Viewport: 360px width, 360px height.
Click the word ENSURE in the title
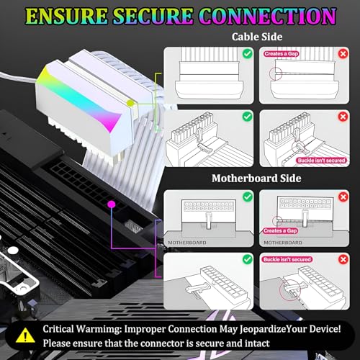click(67, 16)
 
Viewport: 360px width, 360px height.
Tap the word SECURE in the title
click(153, 16)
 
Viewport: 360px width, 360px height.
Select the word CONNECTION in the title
click(267, 16)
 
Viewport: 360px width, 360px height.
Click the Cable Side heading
click(257, 37)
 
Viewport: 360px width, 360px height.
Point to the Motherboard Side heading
click(256, 179)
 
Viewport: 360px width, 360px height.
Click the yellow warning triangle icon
click(25, 335)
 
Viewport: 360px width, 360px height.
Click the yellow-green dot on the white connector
click(130, 103)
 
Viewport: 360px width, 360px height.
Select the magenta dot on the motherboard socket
click(112, 204)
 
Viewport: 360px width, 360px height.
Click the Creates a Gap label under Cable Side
click(281, 54)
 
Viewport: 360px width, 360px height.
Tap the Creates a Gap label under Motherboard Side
click(280, 231)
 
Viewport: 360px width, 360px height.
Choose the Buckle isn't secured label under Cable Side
click(321, 161)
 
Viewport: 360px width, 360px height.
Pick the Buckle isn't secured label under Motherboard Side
click(287, 259)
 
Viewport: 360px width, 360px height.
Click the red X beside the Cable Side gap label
click(343, 54)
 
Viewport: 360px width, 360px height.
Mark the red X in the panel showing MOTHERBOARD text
click(343, 197)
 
